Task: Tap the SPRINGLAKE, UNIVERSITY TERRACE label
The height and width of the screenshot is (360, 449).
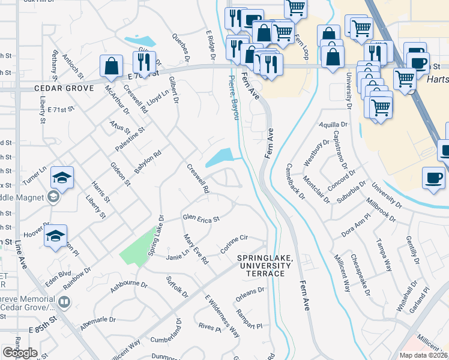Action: tap(265, 265)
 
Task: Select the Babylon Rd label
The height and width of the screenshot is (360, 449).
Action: tap(148, 162)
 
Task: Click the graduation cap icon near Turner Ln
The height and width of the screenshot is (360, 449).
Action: tap(62, 177)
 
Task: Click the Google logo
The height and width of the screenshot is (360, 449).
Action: tap(20, 353)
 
